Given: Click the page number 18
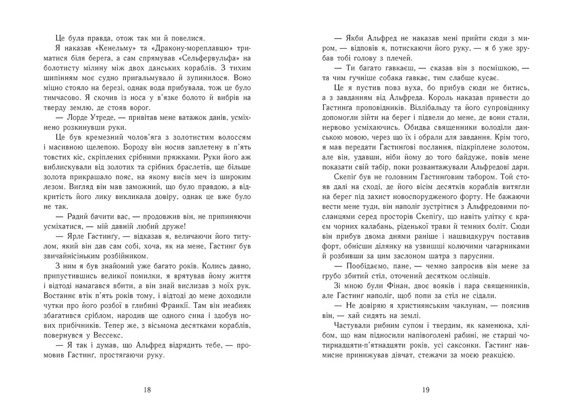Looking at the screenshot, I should point(147,389).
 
